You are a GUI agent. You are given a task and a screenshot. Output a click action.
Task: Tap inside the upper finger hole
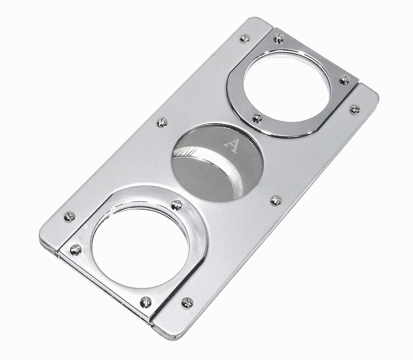287,87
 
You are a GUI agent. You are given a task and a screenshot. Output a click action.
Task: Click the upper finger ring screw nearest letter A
258,118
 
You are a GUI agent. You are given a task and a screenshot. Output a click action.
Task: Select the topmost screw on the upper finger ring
279,39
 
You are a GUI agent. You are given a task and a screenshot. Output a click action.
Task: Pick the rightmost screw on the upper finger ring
344,80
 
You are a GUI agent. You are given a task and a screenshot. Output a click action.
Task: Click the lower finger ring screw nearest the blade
176,205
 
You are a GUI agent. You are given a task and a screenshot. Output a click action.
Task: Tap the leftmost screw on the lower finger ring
76,250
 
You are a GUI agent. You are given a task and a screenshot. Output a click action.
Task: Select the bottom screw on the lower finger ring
146,302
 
